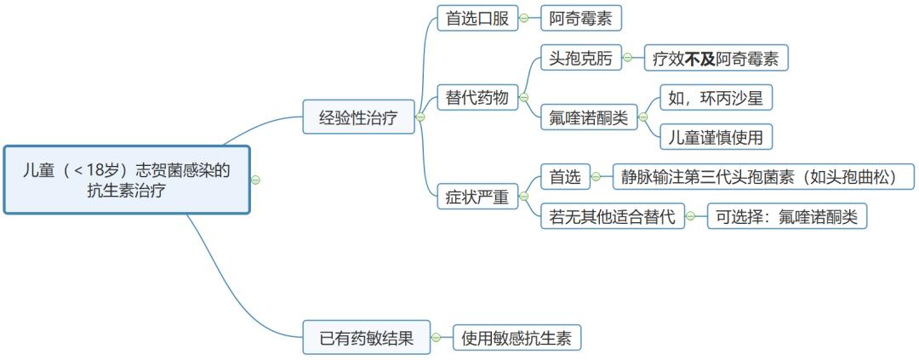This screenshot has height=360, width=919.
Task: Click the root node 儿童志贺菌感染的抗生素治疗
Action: click(127, 180)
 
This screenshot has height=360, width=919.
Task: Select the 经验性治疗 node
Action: click(358, 117)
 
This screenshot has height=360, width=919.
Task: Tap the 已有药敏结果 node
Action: click(366, 338)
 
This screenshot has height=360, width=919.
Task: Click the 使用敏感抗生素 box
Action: click(517, 338)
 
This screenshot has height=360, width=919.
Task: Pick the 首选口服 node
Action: click(477, 18)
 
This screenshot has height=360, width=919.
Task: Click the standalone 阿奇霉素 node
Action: click(585, 18)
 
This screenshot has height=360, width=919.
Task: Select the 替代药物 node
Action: click(477, 98)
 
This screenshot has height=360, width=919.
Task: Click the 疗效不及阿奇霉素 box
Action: click(716, 59)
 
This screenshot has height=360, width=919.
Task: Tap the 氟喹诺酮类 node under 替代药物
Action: click(589, 118)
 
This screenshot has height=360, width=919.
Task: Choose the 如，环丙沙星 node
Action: click(716, 98)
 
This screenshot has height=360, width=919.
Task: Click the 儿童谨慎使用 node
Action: click(716, 135)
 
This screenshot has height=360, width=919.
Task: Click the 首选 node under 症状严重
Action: click(565, 177)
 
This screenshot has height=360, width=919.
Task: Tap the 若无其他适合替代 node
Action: click(613, 216)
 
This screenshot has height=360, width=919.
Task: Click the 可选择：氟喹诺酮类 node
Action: click(787, 216)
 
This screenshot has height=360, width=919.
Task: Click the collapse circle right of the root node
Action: click(255, 180)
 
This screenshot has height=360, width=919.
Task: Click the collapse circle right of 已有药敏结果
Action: click(437, 338)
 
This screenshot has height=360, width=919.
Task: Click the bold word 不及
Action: click(700, 59)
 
